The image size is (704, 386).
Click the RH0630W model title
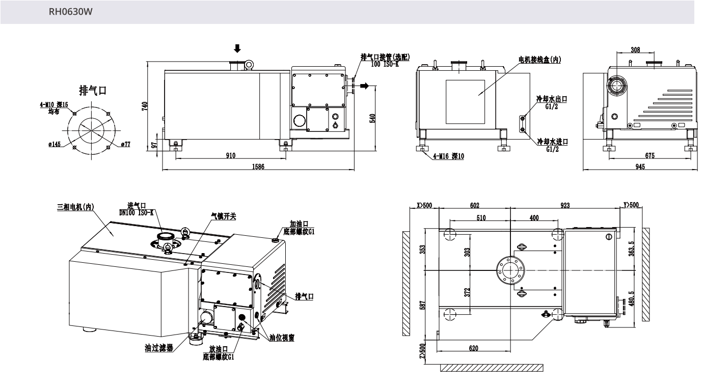click(70, 12)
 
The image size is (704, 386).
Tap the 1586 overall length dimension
click(257, 167)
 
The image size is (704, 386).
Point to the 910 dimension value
click(231, 155)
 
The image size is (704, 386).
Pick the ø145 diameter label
click(55, 144)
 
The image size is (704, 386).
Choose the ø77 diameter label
click(126, 144)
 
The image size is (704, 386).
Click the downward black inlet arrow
click(237, 49)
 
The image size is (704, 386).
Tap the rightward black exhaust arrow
click(364, 86)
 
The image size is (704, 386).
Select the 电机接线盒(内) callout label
click(539, 60)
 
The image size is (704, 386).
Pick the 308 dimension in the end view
click(635, 50)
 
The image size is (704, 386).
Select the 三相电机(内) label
click(76, 207)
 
